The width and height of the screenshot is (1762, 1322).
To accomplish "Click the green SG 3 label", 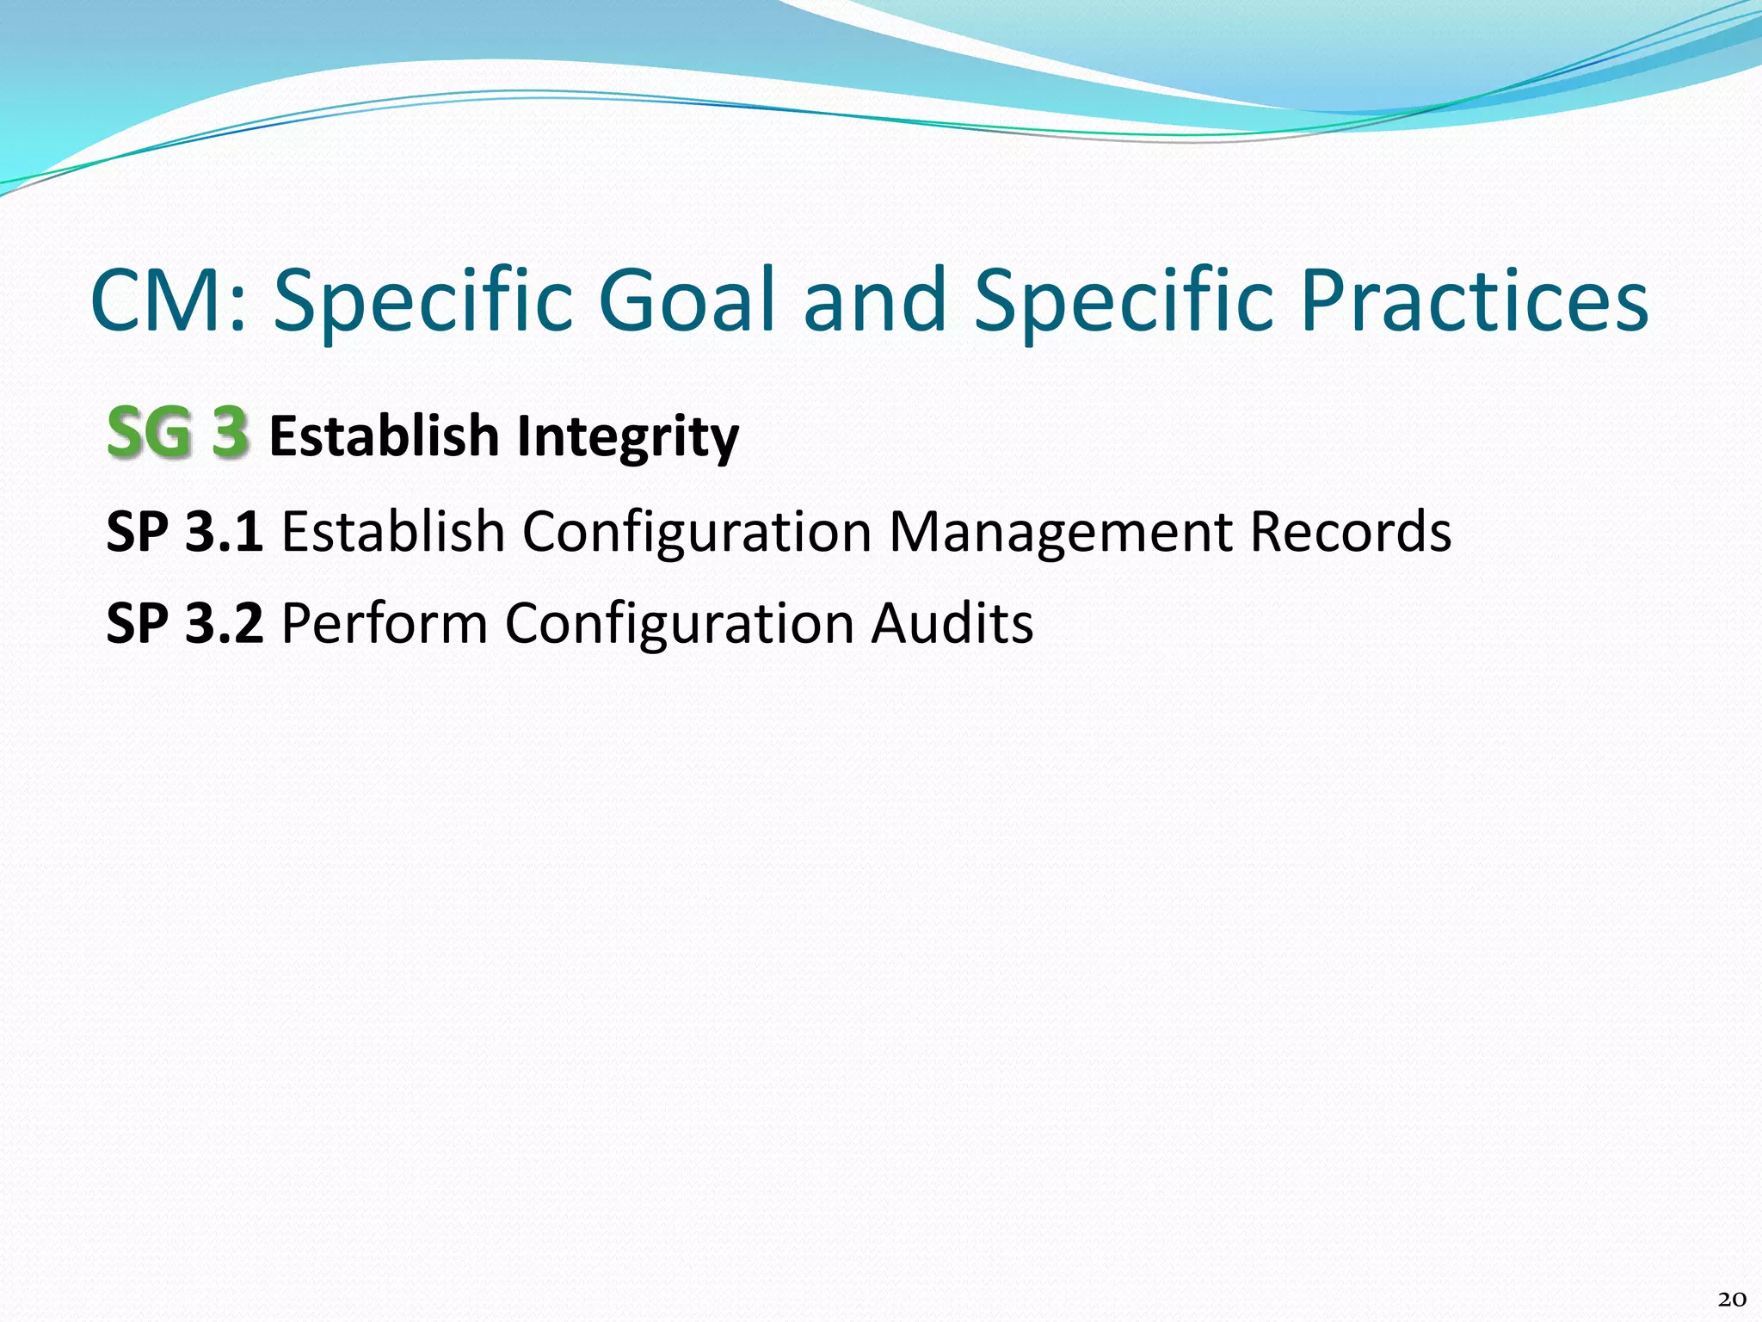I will [x=178, y=432].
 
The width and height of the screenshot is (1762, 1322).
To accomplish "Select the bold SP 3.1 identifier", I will [x=184, y=531].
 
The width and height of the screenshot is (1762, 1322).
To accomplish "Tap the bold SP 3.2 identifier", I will [x=184, y=623].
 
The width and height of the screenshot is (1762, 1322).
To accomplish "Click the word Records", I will [x=1350, y=531].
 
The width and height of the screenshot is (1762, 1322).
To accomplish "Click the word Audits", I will [x=952, y=623].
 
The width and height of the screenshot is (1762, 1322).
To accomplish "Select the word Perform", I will [x=385, y=623].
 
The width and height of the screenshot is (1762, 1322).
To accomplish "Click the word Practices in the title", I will [x=1474, y=301].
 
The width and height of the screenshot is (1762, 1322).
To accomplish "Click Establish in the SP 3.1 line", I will [x=393, y=531].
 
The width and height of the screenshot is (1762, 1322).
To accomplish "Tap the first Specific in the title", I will [x=422, y=301].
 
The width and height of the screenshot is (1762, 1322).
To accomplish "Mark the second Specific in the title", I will [x=1123, y=301].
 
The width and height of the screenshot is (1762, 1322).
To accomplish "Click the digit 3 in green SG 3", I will [x=231, y=432].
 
